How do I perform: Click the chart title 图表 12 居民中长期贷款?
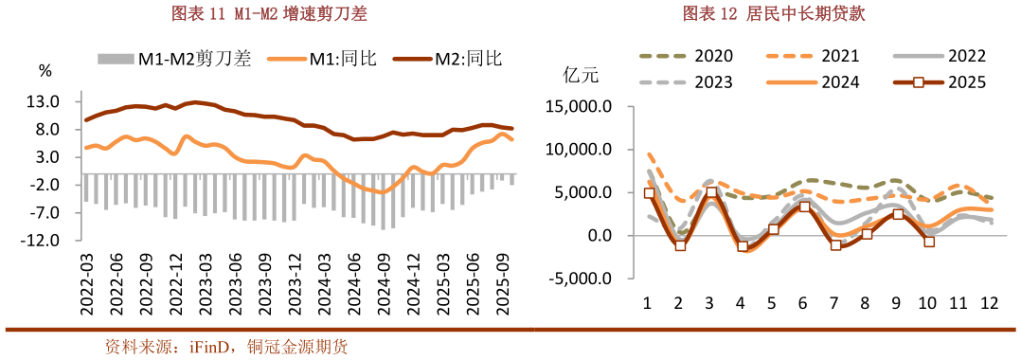774,14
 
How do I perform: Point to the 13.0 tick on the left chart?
46,101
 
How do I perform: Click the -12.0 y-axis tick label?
44,241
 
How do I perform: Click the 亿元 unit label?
581,75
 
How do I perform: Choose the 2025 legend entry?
965,82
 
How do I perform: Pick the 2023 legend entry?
713,82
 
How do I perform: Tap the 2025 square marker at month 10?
929,242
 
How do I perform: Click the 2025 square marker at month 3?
711,192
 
